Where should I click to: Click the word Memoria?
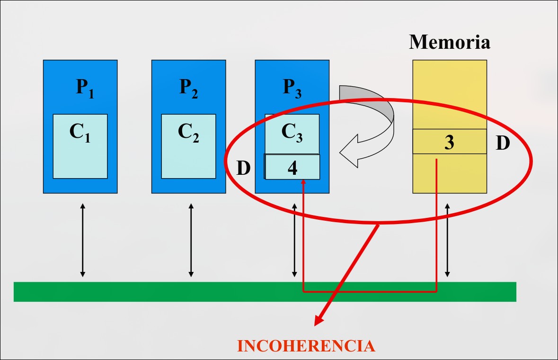point(449,42)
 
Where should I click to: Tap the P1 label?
point(85,88)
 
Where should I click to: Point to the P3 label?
point(292,88)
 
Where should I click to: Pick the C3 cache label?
point(292,132)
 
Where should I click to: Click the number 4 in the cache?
point(292,168)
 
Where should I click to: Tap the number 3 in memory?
point(449,142)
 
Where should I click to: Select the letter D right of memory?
point(503,143)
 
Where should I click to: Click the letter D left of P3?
point(243,168)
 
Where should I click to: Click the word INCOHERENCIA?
point(306,346)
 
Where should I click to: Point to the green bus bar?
point(265,292)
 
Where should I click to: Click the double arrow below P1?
point(82,240)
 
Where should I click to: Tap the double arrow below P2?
point(191,240)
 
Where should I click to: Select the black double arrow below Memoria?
point(447,240)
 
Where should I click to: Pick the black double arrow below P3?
point(294,240)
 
